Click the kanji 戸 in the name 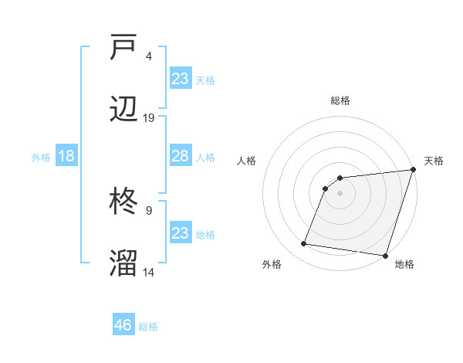pyautogui.click(x=123, y=49)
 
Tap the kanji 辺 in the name pyautogui.click(x=123, y=108)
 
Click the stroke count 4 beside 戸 pyautogui.click(x=148, y=56)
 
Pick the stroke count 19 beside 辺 pyautogui.click(x=149, y=117)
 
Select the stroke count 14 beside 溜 pyautogui.click(x=149, y=272)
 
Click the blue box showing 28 pyautogui.click(x=180, y=156)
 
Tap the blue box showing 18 pyautogui.click(x=66, y=156)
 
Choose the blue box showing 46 pyautogui.click(x=123, y=325)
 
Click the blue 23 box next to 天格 pyautogui.click(x=180, y=78)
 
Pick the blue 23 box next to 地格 pyautogui.click(x=180, y=233)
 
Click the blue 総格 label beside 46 pyautogui.click(x=148, y=327)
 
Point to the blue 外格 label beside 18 pyautogui.click(x=41, y=158)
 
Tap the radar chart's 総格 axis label pyautogui.click(x=340, y=100)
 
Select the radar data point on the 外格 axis pyautogui.click(x=304, y=244)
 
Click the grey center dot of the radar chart pyautogui.click(x=340, y=193)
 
